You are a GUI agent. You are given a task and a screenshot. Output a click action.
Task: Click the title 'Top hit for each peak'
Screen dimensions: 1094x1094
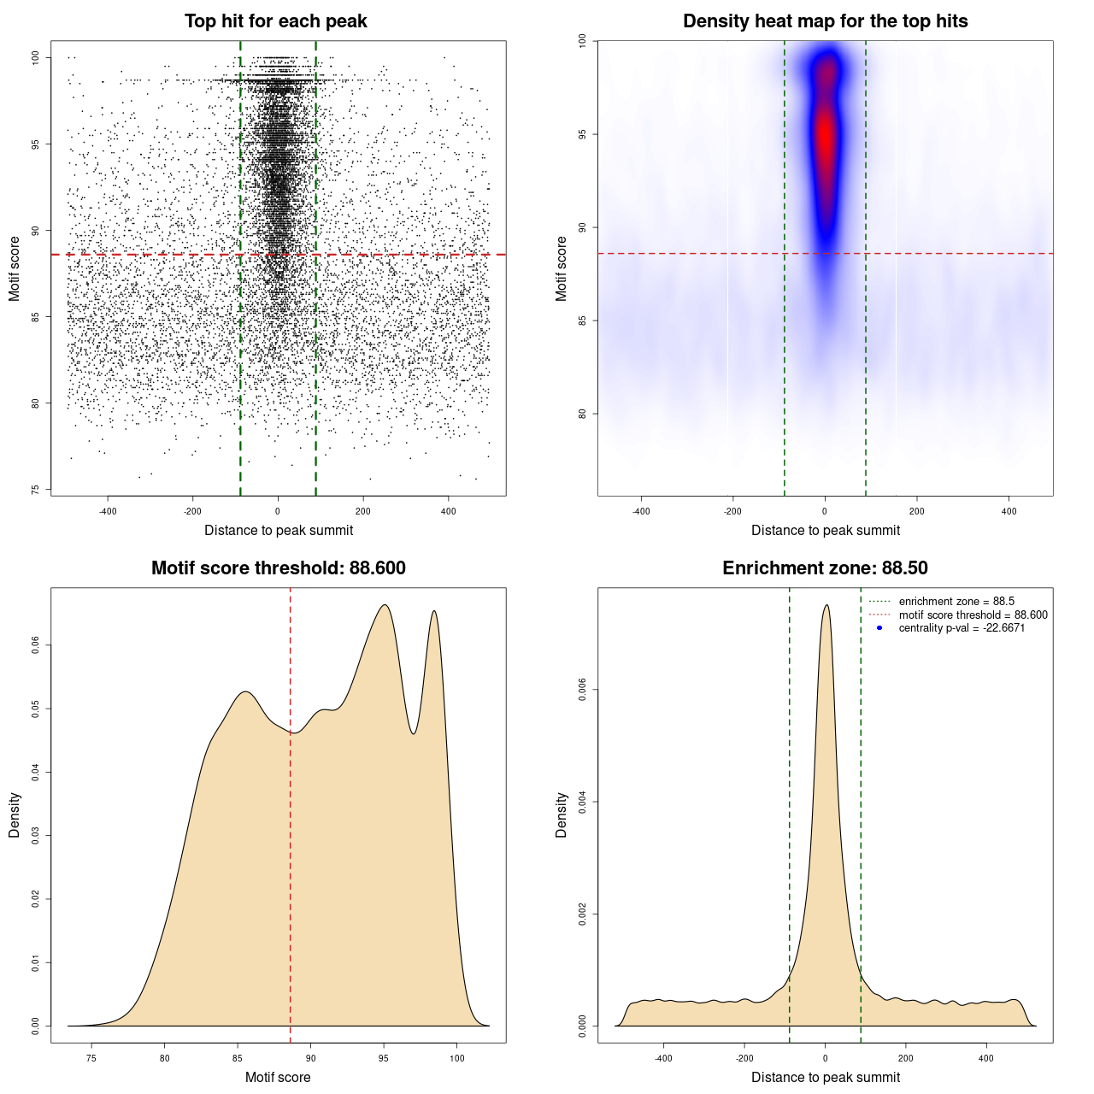(275, 21)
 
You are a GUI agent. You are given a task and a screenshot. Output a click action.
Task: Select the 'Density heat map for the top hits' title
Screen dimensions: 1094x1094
(825, 21)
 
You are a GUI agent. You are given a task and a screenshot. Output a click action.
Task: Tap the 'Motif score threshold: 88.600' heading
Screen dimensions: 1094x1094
(278, 568)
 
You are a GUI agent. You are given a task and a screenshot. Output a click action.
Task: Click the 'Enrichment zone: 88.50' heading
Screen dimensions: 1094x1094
(825, 568)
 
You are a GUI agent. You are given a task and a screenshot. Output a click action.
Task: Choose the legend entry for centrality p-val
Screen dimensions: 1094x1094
(962, 628)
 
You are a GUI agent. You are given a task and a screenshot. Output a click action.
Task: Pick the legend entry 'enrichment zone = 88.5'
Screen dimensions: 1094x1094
(956, 602)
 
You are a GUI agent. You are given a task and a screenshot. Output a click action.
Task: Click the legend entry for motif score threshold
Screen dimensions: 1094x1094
(973, 615)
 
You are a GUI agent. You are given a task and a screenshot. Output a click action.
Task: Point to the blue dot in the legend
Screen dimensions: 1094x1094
(879, 628)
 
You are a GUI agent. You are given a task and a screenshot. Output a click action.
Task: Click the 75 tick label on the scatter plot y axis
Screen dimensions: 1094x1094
(36, 490)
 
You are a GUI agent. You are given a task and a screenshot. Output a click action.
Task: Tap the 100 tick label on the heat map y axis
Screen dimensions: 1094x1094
(583, 40)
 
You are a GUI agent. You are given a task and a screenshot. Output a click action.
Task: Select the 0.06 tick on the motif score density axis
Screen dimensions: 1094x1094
(36, 645)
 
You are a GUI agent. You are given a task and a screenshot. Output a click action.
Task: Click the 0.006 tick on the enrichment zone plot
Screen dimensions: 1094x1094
(583, 690)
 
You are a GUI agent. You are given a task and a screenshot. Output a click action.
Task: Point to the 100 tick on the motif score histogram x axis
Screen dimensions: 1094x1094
(456, 1058)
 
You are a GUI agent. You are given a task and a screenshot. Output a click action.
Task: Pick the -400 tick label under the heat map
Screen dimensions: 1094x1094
(641, 511)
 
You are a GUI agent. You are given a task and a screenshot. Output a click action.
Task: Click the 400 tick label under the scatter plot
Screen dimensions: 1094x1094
(449, 511)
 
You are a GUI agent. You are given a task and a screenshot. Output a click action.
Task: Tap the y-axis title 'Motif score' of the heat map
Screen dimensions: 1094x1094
(562, 268)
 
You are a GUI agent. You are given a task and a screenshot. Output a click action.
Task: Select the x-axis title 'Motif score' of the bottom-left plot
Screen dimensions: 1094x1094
(278, 1077)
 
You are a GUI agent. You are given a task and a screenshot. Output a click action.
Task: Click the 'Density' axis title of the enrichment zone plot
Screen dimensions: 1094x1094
(562, 815)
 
